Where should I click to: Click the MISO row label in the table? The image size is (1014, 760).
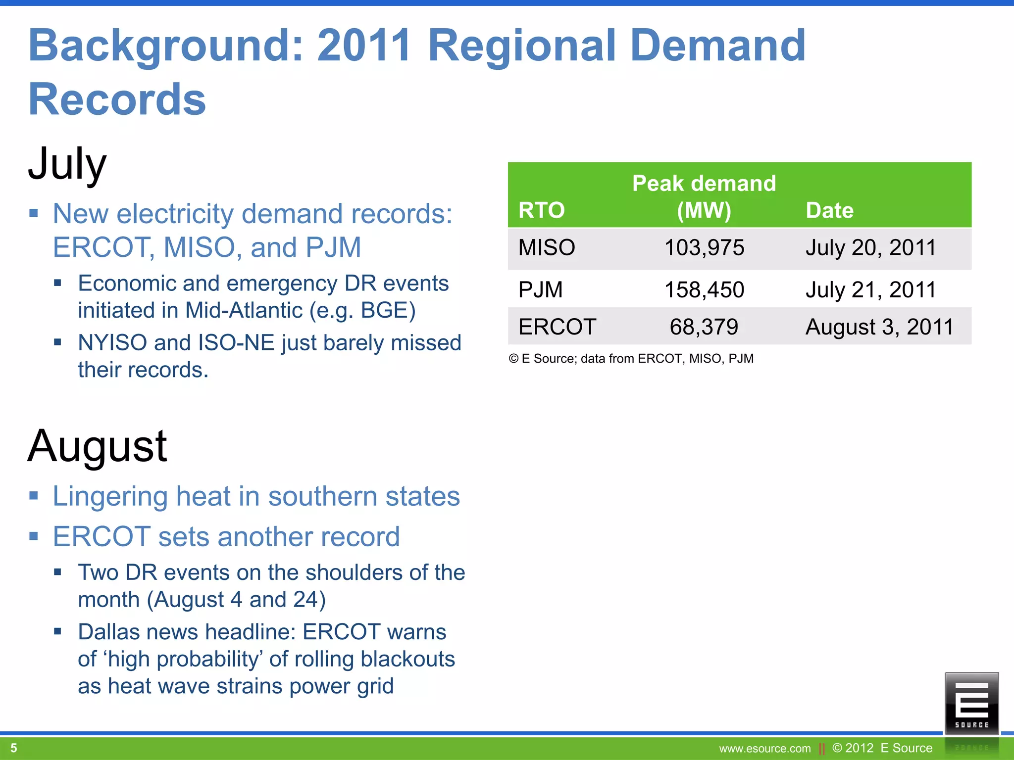547,247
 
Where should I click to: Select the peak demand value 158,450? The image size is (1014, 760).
704,289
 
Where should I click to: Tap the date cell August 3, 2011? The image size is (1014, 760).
879,327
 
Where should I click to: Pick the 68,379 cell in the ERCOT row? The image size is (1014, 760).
704,327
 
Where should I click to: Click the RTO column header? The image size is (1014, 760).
541,210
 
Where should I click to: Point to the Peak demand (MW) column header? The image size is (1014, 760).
704,196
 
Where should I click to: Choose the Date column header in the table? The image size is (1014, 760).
829,210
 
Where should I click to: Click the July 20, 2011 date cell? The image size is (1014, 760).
870,247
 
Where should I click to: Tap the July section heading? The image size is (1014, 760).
67,163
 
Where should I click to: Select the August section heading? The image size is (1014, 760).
98,446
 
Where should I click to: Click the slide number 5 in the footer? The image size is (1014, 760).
14,748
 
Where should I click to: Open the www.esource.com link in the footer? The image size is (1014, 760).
764,749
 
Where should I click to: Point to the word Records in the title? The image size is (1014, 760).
117,99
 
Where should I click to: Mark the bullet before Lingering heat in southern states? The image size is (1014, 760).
34,496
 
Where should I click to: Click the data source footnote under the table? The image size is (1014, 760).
631,358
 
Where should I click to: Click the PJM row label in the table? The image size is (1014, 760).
540,289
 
